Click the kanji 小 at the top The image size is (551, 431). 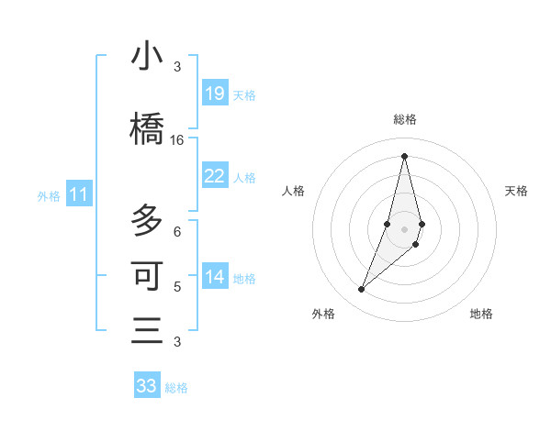[147, 56]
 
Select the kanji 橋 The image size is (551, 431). [147, 128]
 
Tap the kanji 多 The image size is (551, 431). [147, 221]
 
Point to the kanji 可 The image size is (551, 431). [147, 275]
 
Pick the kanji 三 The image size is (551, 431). [147, 330]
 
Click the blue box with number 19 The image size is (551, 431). [214, 93]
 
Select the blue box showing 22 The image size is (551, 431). [214, 175]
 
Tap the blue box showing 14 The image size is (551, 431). [214, 276]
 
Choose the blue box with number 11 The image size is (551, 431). [79, 194]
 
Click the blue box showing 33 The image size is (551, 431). [146, 385]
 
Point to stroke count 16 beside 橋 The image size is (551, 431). [177, 140]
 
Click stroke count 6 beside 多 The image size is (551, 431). [177, 231]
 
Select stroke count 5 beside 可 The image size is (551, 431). [177, 286]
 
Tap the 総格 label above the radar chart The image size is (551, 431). [405, 119]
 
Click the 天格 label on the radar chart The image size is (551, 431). [517, 191]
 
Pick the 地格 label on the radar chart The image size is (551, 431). [481, 314]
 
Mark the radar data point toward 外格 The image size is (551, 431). [361, 290]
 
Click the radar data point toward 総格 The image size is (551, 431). [404, 155]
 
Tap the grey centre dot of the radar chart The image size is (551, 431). [404, 228]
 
